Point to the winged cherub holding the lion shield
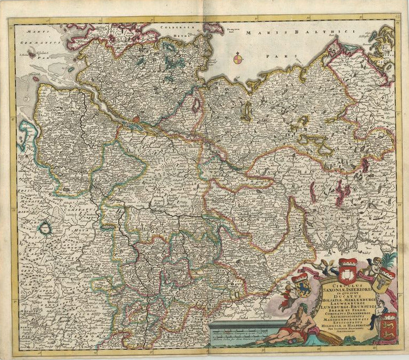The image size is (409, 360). tap(289, 289)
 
